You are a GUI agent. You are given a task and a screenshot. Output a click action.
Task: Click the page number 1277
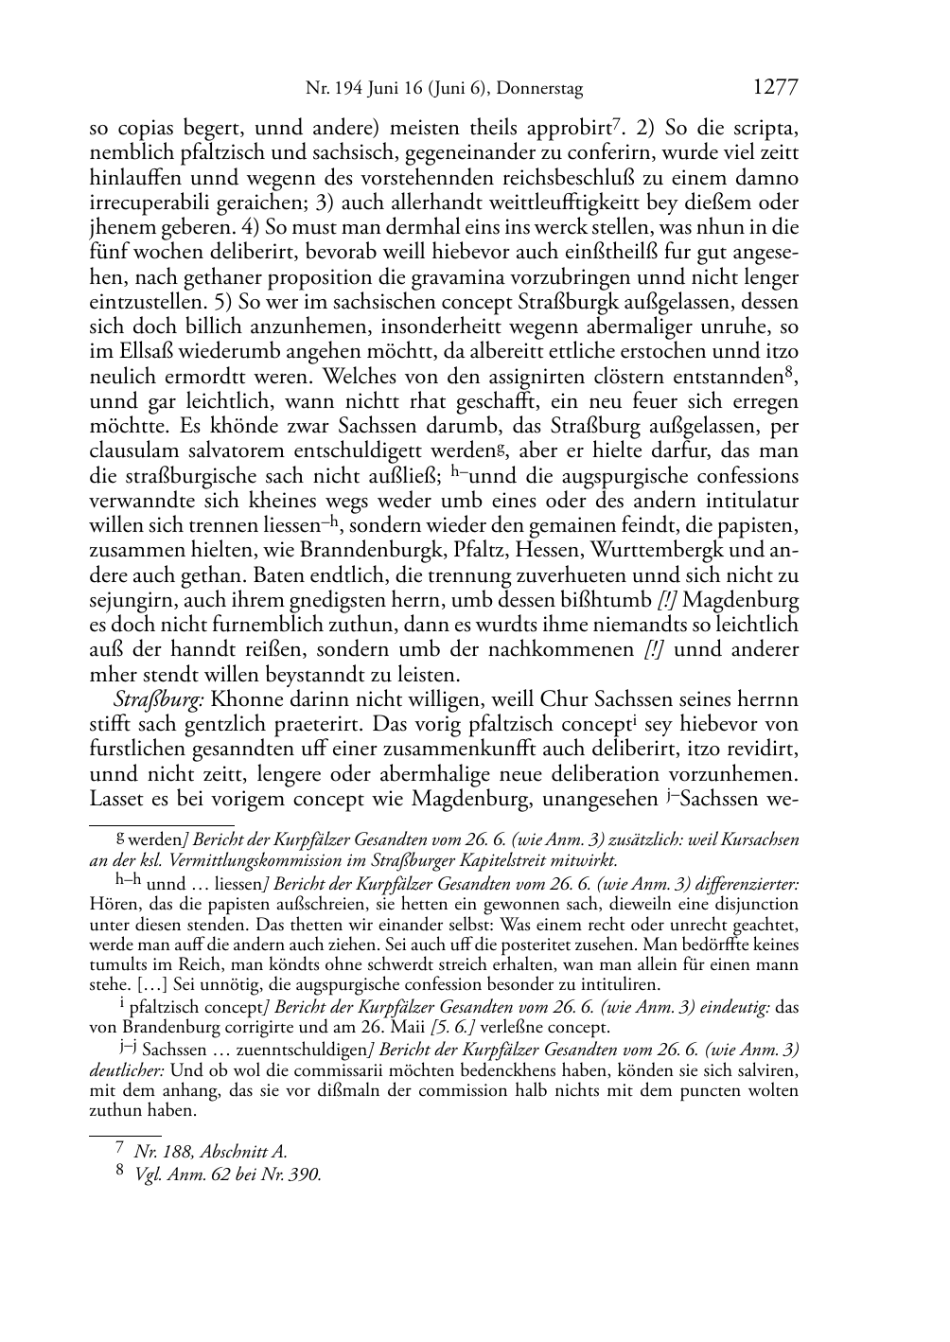coord(776,88)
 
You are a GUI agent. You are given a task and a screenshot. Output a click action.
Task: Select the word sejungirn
coord(128,600)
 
